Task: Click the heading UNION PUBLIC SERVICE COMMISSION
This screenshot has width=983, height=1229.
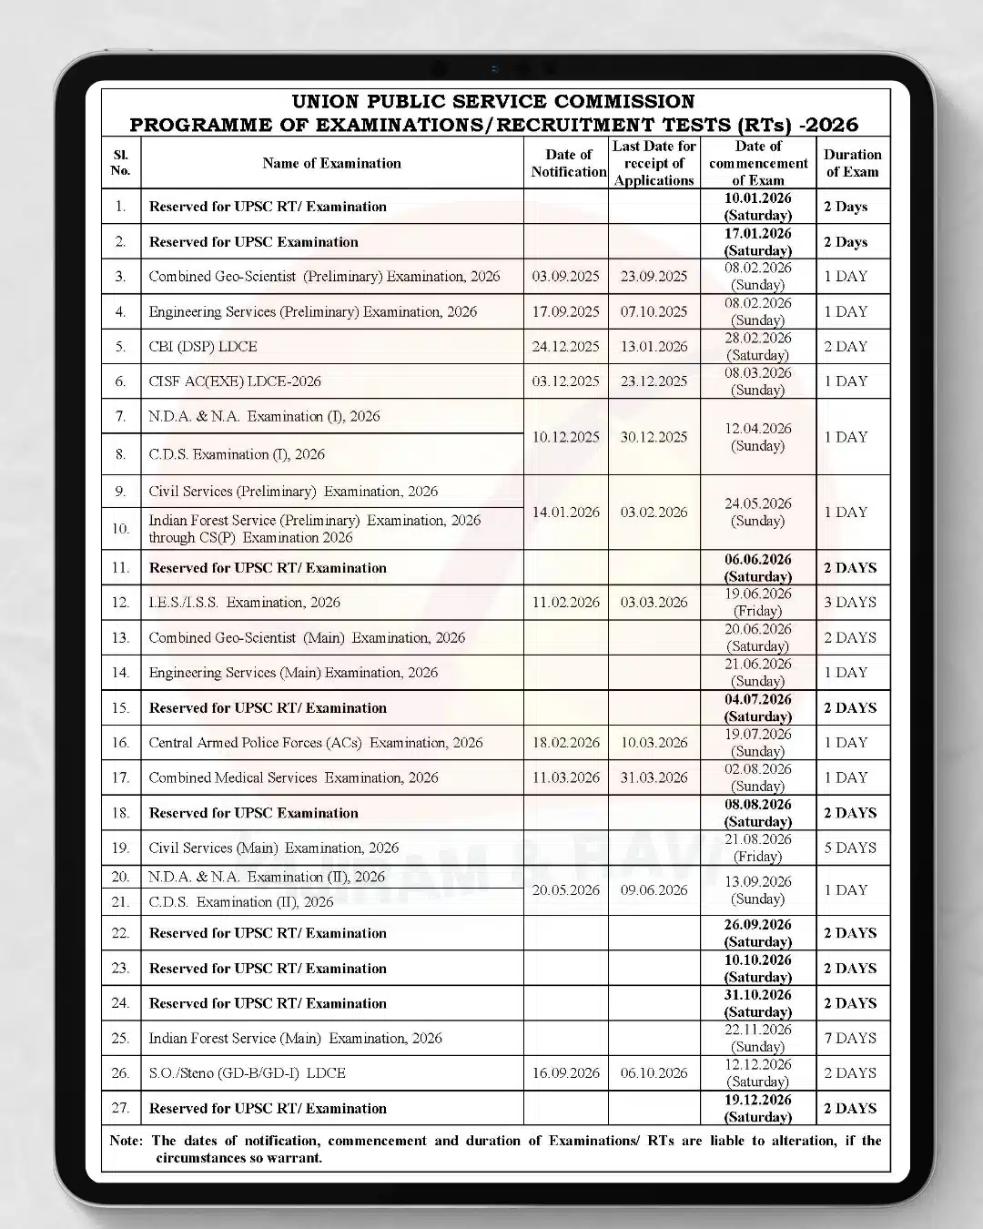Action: [x=493, y=101]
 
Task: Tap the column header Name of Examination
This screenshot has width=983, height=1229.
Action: [x=331, y=163]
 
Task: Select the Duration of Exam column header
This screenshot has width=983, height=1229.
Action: [x=852, y=163]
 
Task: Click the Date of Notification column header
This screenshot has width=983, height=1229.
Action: [x=568, y=163]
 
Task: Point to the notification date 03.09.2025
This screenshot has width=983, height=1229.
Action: [x=565, y=277]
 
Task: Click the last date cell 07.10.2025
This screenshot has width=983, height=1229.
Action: [x=654, y=311]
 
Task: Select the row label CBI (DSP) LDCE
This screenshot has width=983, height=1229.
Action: [x=203, y=347]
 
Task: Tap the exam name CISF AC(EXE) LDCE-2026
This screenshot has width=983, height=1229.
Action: [x=235, y=381]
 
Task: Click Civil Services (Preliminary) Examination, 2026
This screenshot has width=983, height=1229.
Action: [x=293, y=492]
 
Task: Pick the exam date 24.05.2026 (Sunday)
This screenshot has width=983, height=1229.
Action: [x=757, y=512]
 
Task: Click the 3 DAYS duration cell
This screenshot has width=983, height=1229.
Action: [x=850, y=603]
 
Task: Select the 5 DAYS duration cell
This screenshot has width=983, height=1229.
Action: [x=850, y=848]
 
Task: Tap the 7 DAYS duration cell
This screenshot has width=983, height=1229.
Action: [x=850, y=1038]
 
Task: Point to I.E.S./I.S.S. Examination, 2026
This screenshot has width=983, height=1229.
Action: [x=244, y=603]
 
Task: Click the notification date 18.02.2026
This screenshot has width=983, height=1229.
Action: [x=565, y=743]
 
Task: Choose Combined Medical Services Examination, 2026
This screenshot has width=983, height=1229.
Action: [x=293, y=777]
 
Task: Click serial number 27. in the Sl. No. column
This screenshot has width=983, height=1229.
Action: [x=120, y=1108]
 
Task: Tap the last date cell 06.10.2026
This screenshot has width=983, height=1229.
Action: [x=654, y=1073]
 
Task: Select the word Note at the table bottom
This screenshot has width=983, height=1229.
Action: [x=126, y=1141]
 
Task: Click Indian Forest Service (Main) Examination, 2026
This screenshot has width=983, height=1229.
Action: [x=295, y=1038]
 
